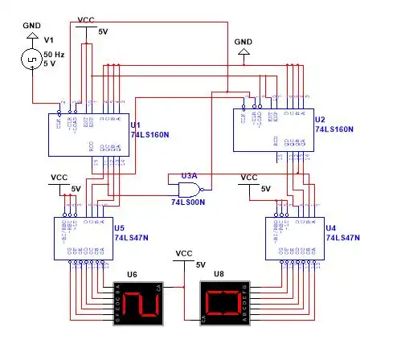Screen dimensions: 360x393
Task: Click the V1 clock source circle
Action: coord(32,59)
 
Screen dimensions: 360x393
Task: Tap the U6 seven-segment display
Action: coord(139,303)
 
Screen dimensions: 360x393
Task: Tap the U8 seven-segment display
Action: coord(225,303)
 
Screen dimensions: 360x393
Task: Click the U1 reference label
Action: coord(135,125)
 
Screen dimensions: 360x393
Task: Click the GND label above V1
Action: coord(31,24)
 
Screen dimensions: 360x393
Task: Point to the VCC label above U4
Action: coord(249,177)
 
